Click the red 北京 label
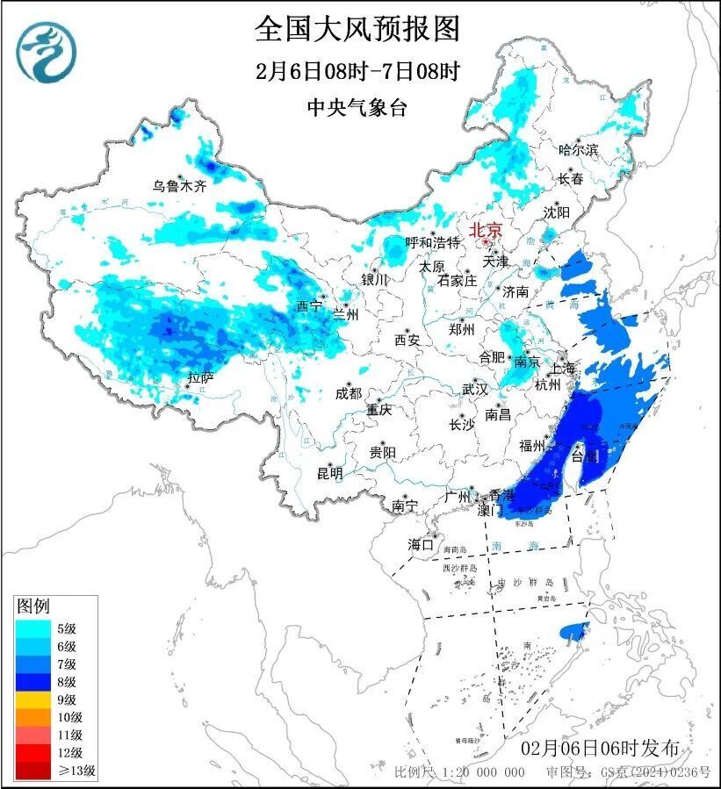coord(486,230)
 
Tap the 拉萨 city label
coord(200,378)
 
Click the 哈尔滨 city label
coord(578,150)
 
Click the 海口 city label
coord(421,545)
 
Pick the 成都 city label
coord(348,393)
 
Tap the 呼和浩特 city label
coord(432,242)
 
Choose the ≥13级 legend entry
coord(53,771)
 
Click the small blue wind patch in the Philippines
coord(573,629)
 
